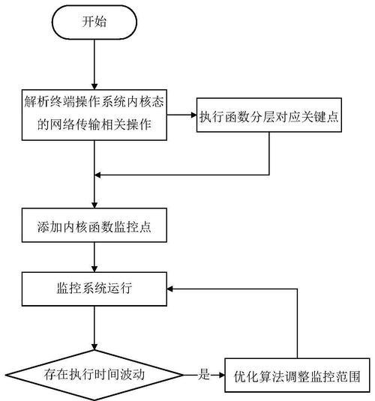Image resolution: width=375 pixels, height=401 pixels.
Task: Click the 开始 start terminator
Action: tap(94, 22)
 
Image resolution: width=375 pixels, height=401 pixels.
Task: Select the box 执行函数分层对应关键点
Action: tap(269, 115)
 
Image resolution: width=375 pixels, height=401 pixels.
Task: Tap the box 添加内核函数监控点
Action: tap(94, 225)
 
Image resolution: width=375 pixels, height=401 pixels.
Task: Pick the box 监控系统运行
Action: tap(94, 289)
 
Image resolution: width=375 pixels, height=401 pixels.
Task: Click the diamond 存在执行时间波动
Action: tap(94, 376)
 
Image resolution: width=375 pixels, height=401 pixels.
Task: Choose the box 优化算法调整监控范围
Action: tap(297, 376)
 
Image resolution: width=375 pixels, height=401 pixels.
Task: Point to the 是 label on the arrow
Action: tap(204, 375)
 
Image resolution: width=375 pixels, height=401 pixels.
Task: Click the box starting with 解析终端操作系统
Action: tap(94, 115)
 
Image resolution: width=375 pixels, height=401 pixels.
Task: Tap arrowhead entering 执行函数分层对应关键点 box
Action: tap(193, 115)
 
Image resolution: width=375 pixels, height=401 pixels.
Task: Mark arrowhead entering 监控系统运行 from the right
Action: tap(170, 289)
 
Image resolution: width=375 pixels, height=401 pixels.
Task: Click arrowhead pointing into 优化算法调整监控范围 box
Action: tap(221, 376)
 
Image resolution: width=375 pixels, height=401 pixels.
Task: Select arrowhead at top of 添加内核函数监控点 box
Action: tap(94, 205)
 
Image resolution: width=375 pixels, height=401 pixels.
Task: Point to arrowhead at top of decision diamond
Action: tap(94, 347)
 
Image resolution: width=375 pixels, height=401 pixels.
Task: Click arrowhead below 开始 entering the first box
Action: tap(94, 86)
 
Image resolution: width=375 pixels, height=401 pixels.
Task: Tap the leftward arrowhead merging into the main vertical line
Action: tap(97, 175)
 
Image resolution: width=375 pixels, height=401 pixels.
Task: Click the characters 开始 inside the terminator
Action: tap(94, 22)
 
